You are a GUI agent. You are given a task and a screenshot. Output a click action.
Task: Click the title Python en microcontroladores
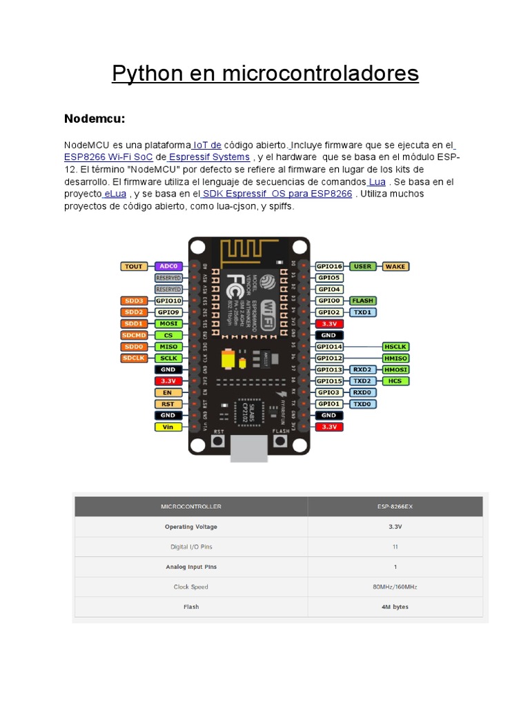pos(265,73)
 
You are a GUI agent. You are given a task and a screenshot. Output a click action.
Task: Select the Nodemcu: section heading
pos(95,119)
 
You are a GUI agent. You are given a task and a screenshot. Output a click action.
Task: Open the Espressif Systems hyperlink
pos(209,157)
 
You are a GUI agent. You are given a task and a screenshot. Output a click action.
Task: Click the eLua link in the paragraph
pos(115,194)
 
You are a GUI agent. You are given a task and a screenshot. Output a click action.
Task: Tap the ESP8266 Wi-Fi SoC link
pos(108,157)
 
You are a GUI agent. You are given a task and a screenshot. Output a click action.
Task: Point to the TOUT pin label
pos(133,266)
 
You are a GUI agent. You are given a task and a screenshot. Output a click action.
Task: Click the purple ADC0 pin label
pos(168,266)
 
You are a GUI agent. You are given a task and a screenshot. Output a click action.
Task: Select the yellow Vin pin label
pos(168,427)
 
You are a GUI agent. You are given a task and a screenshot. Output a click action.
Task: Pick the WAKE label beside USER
pos(395,266)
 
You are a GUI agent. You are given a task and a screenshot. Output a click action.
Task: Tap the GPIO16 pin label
pos(328,266)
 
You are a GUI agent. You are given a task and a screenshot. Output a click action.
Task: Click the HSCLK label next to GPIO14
pos(395,347)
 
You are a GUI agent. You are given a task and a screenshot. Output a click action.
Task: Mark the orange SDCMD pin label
pos(133,335)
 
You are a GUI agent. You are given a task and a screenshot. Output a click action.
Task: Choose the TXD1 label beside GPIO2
pos(362,312)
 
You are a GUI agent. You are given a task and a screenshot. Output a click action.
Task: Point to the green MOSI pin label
pos(168,323)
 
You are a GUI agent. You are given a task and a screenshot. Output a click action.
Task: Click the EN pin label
pos(168,392)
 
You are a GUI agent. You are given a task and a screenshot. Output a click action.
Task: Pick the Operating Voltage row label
pos(190,527)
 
